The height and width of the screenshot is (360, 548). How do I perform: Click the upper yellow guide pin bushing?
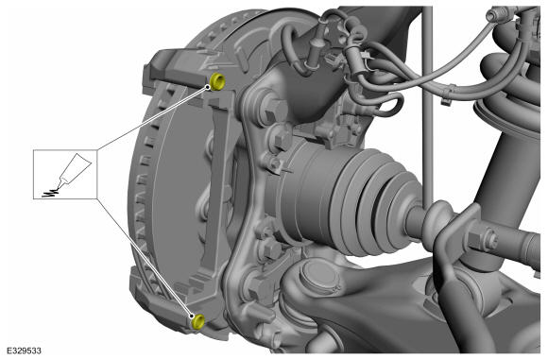218,82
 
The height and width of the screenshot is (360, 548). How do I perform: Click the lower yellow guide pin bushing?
198,321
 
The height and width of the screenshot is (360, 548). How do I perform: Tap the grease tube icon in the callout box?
73,169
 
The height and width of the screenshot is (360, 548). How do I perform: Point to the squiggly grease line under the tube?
50,193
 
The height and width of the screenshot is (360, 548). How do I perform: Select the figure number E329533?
25,351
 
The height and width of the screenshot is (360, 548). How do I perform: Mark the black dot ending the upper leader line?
208,87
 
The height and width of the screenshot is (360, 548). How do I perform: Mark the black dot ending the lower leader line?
192,317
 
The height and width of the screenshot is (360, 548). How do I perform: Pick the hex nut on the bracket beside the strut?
482,239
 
